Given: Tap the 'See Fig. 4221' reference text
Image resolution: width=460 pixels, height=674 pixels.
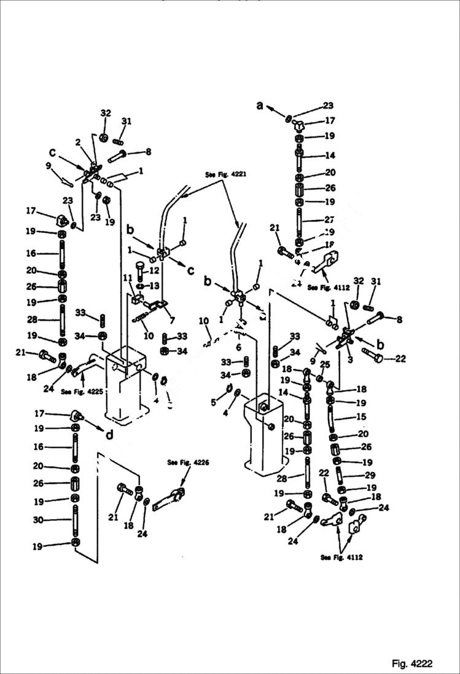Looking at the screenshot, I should click(225, 174).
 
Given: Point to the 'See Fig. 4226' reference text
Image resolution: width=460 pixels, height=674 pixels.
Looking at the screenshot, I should click(184, 463).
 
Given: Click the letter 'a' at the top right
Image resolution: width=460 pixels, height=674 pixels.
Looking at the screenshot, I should click(260, 106).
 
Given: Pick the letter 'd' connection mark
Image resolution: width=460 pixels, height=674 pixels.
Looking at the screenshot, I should click(109, 436).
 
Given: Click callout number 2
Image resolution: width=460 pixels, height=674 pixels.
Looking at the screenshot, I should click(78, 143).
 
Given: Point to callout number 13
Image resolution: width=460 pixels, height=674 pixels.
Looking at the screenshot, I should click(154, 286).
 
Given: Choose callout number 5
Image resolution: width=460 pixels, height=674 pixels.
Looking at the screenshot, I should click(214, 402).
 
